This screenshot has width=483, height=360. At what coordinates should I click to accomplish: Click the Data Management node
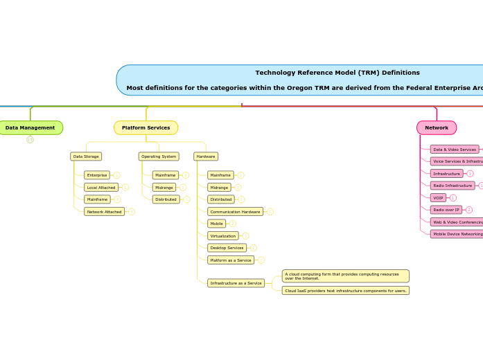[30, 128]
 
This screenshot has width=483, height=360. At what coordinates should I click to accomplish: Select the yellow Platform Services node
[146, 128]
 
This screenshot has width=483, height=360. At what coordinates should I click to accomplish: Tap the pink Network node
[437, 128]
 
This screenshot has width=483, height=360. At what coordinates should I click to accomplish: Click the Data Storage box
[86, 156]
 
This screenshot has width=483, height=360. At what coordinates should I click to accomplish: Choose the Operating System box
[159, 156]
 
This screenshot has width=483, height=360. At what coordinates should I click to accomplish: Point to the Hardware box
[206, 156]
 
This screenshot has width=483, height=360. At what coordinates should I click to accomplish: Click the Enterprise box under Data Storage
[97, 175]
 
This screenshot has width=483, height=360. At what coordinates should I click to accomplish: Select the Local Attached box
[101, 188]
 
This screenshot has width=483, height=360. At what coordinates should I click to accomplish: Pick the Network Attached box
[105, 212]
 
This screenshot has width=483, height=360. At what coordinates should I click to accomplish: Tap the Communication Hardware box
[236, 212]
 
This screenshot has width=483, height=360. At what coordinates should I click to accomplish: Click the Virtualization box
[223, 236]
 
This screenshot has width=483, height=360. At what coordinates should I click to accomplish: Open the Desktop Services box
[227, 248]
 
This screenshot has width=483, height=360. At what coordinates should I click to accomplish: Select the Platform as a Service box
[231, 260]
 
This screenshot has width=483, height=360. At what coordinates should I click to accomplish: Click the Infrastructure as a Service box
[236, 283]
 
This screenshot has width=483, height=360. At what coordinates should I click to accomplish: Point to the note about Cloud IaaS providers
[346, 291]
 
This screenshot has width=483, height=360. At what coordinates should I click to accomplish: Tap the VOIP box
[438, 198]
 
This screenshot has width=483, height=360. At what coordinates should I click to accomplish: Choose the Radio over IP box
[446, 210]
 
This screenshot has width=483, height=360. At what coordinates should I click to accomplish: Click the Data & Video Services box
[455, 150]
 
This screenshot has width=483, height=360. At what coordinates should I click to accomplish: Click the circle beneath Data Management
[30, 140]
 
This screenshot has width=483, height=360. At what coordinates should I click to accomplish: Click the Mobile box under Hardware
[216, 224]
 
